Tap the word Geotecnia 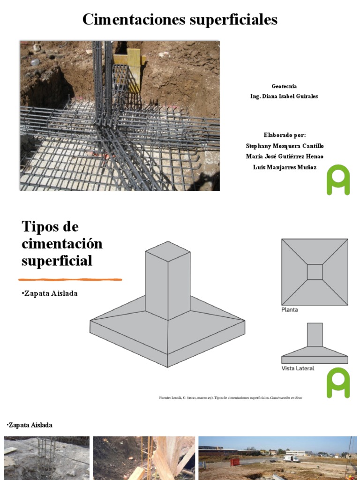click(284, 86)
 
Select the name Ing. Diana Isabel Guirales click(284, 96)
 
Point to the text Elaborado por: click(284, 135)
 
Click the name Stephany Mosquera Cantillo click(285, 146)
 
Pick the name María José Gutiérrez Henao click(285, 157)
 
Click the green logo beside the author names click(338, 180)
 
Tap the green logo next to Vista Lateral click(338, 383)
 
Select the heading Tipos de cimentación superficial click(62, 243)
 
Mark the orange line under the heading click(70, 279)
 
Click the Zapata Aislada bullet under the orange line click(50, 293)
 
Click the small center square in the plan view click(315, 272)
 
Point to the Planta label click(289, 310)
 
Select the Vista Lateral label click(298, 368)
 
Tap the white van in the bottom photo click(292, 459)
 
